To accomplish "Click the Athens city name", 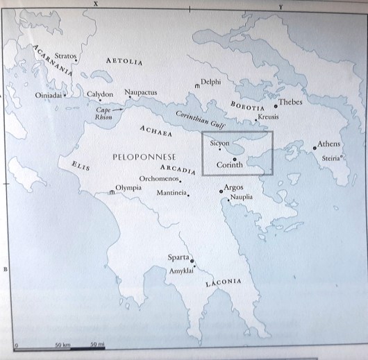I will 329,144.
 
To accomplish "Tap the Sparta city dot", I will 192,262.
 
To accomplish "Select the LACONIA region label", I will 223,283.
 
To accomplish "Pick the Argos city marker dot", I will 221,191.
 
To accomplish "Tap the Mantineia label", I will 172,192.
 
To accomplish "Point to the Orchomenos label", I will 160,178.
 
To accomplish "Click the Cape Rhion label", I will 103,113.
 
